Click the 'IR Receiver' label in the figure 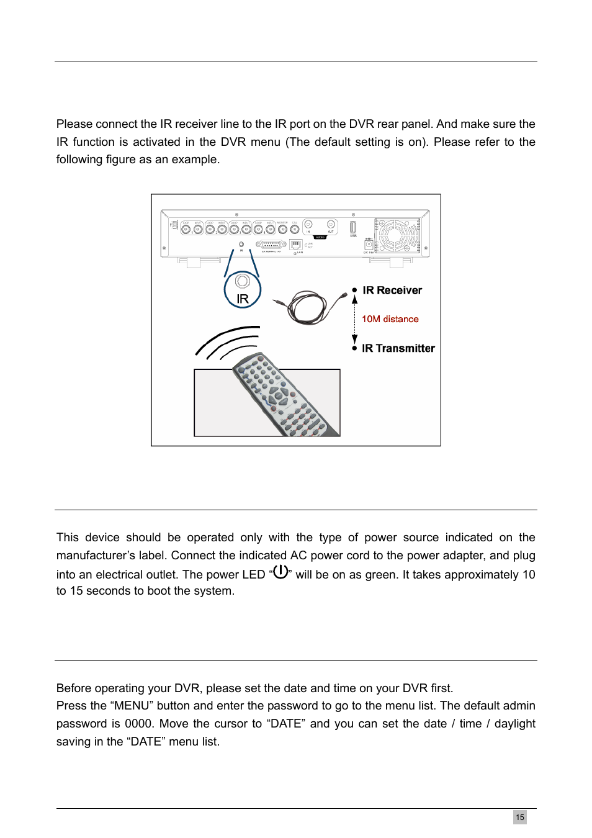(392, 291)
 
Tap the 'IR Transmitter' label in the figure (398, 348)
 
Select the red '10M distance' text (390, 319)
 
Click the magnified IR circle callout (243, 290)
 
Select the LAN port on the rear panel (295, 245)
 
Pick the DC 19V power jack (369, 245)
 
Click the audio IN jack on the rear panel (308, 225)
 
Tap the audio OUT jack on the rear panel (331, 225)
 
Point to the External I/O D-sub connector (271, 245)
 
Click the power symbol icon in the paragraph (280, 572)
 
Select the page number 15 (520, 817)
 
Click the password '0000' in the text (138, 724)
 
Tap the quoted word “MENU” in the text (132, 706)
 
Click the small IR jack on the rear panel (241, 244)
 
